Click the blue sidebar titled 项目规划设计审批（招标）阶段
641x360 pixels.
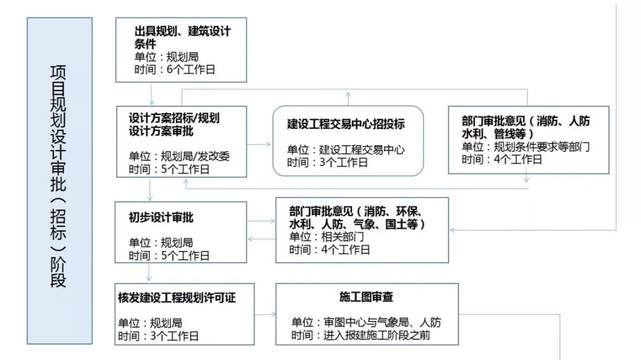click(x=60, y=181)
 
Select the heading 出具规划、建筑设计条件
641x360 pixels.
click(x=182, y=37)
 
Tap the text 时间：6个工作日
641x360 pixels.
click(x=174, y=69)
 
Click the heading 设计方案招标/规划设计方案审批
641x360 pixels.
click(x=174, y=124)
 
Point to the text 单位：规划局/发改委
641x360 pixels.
click(x=179, y=156)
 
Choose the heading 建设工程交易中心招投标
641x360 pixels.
click(x=346, y=124)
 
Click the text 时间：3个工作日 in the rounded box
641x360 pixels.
click(x=327, y=163)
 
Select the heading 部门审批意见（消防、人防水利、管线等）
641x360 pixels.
click(x=526, y=127)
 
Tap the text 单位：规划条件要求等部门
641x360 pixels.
click(x=526, y=146)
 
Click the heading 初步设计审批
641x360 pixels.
click(x=161, y=218)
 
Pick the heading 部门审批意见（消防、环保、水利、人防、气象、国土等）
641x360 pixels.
click(x=357, y=218)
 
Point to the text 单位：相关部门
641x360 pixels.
click(x=326, y=237)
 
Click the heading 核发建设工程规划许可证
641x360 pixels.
click(x=177, y=298)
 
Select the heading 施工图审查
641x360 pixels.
click(x=366, y=297)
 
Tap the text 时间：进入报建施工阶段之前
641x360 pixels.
click(x=361, y=336)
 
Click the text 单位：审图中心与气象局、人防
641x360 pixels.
click(x=366, y=323)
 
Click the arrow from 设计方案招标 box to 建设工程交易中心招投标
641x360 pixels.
click(x=259, y=144)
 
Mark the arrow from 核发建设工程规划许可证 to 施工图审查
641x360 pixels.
click(x=265, y=314)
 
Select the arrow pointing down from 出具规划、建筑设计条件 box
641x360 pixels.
click(x=151, y=94)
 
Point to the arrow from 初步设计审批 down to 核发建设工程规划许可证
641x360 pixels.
click(x=148, y=273)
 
